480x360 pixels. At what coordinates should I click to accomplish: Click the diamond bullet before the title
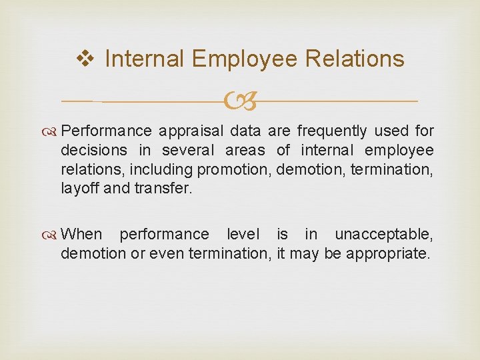85,59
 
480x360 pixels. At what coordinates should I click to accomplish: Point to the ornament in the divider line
240,102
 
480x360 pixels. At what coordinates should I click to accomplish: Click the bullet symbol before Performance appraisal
53,131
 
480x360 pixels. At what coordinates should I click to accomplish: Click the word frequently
332,131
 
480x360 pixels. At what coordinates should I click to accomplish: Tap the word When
81,235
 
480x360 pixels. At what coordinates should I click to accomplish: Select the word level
245,235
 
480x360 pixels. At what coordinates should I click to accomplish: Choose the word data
246,131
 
